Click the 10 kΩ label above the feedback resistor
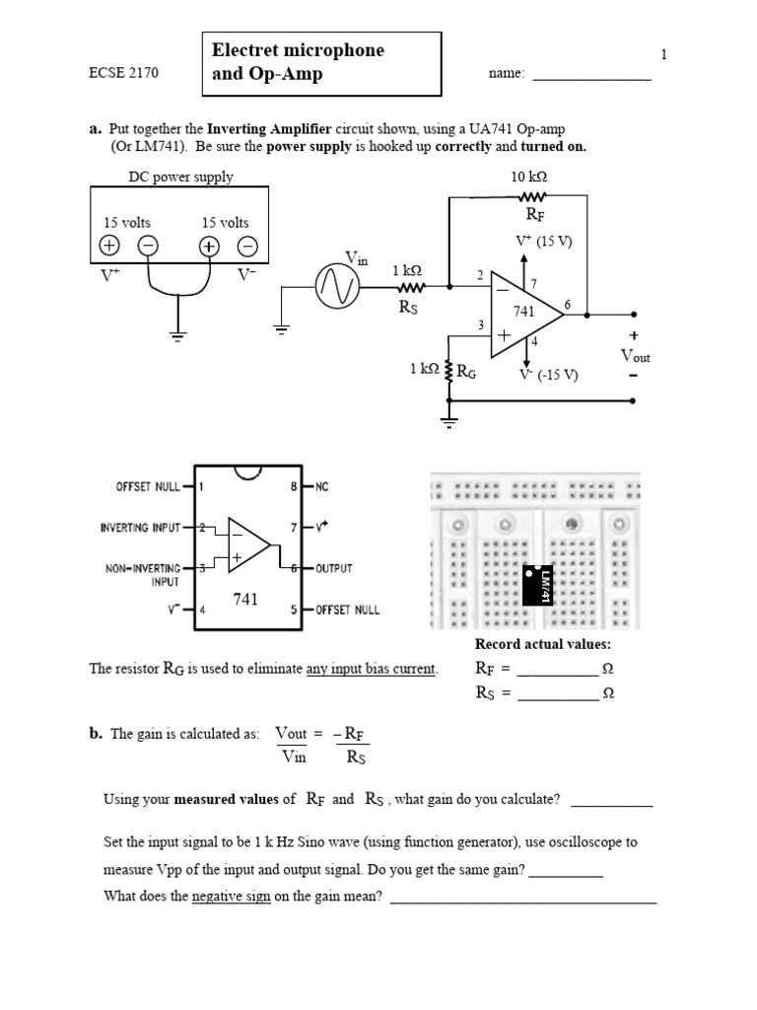(528, 177)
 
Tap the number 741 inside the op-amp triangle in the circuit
(523, 312)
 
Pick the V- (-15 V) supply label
(548, 375)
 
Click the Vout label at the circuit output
(634, 356)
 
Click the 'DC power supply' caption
(181, 178)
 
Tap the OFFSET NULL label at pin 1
(149, 486)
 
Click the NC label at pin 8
(325, 486)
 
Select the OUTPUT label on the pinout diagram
(334, 569)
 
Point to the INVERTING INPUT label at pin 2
(141, 528)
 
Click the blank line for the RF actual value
(557, 669)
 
